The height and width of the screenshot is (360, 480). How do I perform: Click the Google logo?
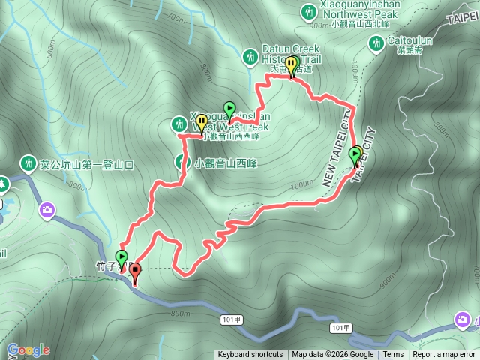pos(28,349)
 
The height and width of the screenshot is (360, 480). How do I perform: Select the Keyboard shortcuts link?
pos(250,355)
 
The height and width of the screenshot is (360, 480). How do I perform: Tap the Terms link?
pos(393,355)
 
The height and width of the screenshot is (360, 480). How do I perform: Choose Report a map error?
pos(444,355)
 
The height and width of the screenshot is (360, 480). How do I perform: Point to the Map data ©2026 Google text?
pos(333,355)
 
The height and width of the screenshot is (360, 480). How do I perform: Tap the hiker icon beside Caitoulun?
pos(376,46)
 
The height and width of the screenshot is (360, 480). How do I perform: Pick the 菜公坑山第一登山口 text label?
pos(86,164)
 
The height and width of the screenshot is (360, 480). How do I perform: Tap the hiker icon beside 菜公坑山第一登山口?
pos(28,163)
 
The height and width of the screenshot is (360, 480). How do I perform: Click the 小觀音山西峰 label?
pos(226,163)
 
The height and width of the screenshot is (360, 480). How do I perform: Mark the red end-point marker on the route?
pos(135,274)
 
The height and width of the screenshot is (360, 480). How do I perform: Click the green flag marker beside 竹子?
pos(121,259)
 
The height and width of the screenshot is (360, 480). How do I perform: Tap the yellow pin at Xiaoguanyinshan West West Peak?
pos(201,122)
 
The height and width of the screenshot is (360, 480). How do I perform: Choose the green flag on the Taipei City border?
pos(355,156)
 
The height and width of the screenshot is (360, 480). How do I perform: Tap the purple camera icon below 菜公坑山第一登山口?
pos(48,209)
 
